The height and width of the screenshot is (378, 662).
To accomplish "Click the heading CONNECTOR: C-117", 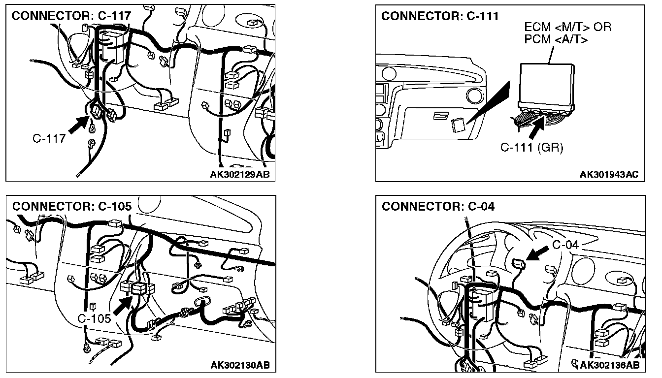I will click(x=71, y=16).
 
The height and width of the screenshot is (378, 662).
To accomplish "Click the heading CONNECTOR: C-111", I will click(x=440, y=16).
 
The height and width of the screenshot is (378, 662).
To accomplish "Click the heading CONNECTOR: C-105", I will click(x=72, y=206).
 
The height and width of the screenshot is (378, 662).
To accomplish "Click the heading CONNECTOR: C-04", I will click(x=438, y=206).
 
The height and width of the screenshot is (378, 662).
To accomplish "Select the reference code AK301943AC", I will click(x=609, y=174).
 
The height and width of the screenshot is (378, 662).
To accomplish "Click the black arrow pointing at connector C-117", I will click(x=77, y=124).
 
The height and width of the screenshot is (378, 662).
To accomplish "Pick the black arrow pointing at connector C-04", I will click(x=538, y=252).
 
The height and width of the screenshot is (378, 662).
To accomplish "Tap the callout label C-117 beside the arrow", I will click(x=49, y=138).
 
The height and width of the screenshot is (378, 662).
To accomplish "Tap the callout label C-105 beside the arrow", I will click(x=95, y=319).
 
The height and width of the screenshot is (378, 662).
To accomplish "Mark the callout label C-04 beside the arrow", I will click(x=565, y=245).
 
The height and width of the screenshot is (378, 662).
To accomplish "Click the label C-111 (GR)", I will click(x=531, y=147).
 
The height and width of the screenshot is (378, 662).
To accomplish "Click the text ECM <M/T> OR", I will click(x=567, y=27).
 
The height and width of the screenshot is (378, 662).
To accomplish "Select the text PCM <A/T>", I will click(x=556, y=39).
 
